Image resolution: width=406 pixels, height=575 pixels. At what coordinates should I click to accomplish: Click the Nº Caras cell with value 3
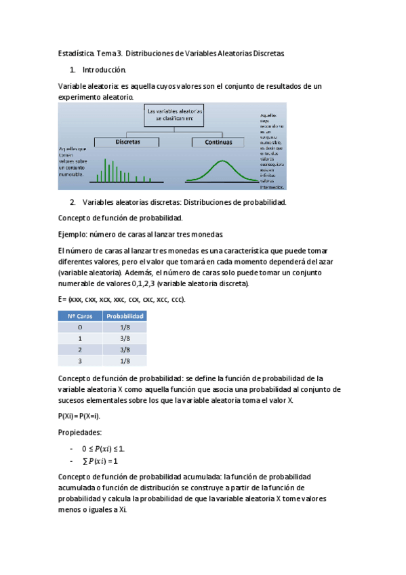(x=79, y=361)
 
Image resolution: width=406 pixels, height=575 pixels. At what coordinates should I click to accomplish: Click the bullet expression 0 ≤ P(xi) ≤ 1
(x=102, y=448)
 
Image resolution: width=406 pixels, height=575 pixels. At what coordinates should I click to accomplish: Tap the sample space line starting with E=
(x=122, y=299)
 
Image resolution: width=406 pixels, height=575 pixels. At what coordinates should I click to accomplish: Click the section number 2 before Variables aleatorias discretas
(x=73, y=202)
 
